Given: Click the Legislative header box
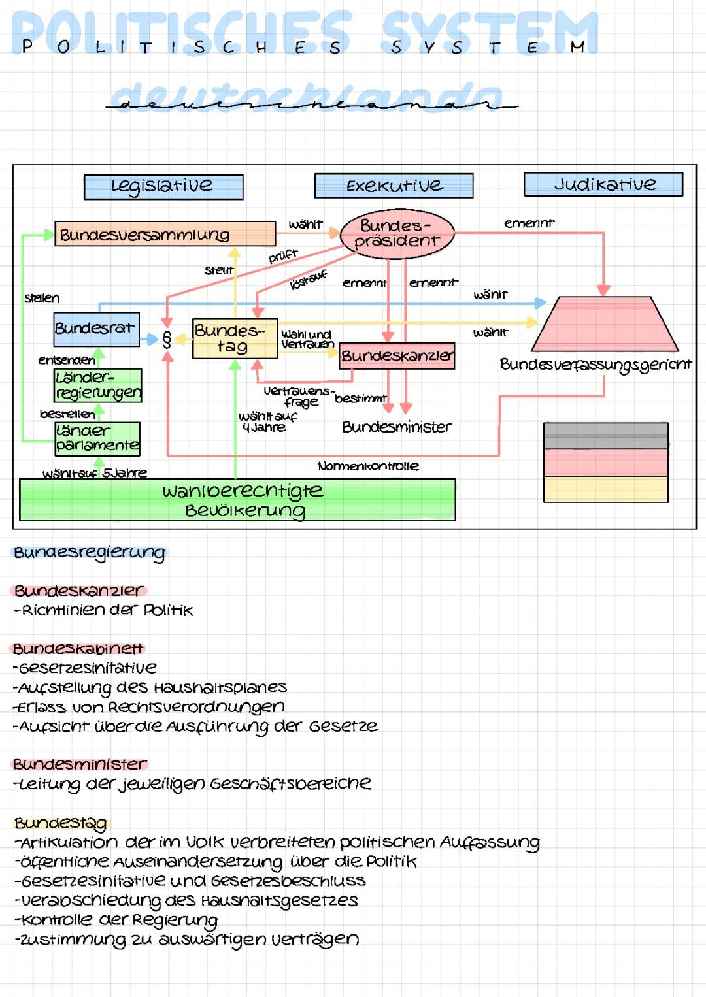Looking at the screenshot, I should pos(163,187).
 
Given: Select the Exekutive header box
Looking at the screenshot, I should pos(394,186).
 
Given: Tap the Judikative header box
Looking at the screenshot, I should pos(603,185).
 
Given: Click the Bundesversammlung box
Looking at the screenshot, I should pos(165,234).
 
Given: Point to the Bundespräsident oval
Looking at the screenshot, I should pos(397,233).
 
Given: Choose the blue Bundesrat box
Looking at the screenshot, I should pos(96,329).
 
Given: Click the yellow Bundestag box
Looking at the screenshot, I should pos(235,338).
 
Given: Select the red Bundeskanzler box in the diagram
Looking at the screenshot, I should pos(397,356).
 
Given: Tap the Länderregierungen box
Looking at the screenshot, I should pos(98,385).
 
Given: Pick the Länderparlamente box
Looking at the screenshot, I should pos(97,438).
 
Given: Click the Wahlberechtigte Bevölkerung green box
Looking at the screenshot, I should pos(237,500).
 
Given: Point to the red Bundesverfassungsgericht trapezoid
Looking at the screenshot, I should pos(604,325).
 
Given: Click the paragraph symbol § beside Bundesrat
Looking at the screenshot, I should pos(167,339).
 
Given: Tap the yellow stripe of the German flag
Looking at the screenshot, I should pos(605,489).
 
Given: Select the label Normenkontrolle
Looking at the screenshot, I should pos(368,466).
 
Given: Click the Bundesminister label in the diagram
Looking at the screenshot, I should pos(396,427).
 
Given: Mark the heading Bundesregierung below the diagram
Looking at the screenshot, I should pos(90,553).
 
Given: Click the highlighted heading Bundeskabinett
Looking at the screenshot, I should pos(78,649).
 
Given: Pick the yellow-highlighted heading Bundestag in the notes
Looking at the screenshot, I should pos(61,823).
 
